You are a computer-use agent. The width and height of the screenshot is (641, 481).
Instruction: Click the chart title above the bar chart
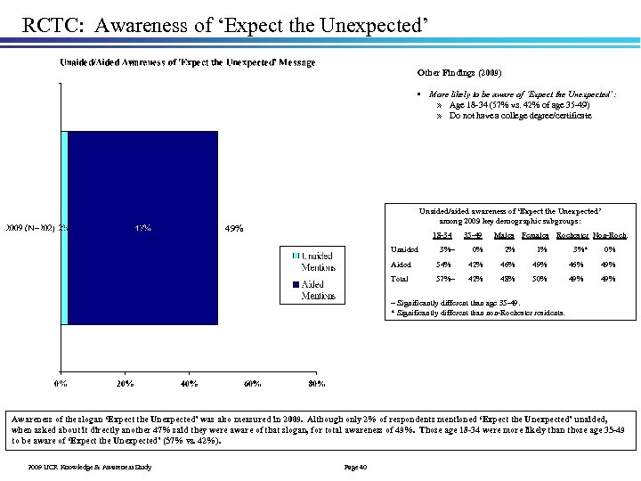pos(186,62)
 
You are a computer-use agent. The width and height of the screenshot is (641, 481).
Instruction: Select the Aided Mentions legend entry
pos(312,289)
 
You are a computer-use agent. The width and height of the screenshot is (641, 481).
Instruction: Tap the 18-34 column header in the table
pos(441,235)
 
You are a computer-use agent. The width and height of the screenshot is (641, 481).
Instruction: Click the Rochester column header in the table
pos(573,235)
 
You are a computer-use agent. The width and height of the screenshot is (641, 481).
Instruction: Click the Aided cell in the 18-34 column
pos(440,264)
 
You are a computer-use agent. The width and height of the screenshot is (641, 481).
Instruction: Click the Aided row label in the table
pos(402,264)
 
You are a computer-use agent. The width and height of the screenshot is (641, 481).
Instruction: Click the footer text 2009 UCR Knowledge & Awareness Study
pos(90,466)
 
